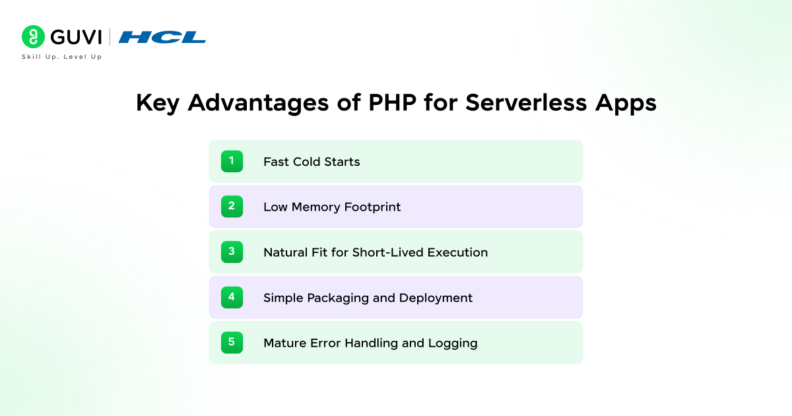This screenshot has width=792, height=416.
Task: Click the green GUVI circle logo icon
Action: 33,37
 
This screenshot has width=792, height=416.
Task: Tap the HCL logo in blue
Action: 162,37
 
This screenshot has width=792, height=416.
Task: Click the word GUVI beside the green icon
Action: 76,37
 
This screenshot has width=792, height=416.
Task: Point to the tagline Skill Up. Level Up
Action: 62,57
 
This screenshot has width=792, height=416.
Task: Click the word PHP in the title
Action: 392,102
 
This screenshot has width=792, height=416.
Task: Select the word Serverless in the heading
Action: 526,102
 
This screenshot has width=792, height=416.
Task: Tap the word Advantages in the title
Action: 258,103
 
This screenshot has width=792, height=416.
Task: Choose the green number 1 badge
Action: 232,161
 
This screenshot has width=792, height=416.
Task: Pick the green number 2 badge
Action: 232,207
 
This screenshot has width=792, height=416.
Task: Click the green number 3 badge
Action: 232,252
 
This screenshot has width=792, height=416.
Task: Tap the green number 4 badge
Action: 232,297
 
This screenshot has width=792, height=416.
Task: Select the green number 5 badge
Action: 232,343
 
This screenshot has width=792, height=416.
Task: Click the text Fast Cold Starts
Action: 312,162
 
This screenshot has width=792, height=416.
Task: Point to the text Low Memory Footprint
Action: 332,207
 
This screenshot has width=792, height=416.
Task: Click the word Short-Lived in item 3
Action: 388,252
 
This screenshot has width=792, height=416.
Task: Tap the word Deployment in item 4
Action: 436,298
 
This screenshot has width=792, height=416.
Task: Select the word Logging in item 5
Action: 453,343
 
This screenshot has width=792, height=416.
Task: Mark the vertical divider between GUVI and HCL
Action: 110,37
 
